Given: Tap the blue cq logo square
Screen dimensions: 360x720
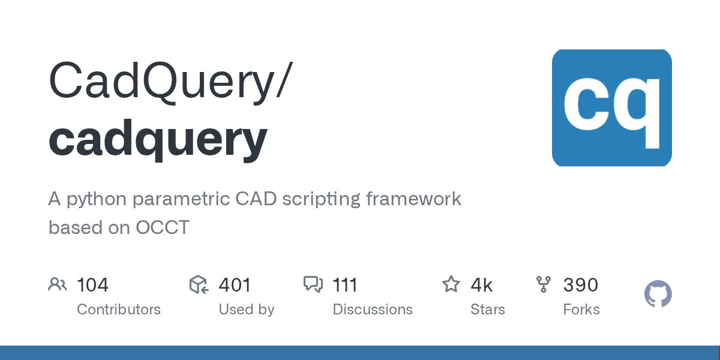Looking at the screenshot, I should click(611, 108).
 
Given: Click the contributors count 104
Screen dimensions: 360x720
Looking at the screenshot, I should click(92, 285).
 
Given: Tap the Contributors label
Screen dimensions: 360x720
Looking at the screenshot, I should click(119, 310).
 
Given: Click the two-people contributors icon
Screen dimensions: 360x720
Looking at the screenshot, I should click(58, 284).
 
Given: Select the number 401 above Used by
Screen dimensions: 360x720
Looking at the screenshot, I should click(235, 285).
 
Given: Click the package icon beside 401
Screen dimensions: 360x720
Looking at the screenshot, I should click(199, 284).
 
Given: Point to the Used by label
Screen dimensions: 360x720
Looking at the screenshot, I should click(246, 310).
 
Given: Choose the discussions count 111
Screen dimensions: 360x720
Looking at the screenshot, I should click(345, 285).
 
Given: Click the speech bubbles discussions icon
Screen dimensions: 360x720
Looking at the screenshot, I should click(313, 284).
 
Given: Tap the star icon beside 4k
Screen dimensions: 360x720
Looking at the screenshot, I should click(451, 284).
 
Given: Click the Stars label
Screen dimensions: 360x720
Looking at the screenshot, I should click(488, 310).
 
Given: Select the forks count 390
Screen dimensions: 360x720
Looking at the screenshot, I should click(580, 285).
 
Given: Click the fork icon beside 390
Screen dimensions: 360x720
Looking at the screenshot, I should click(544, 284).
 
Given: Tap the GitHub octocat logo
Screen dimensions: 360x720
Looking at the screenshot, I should click(658, 295).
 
